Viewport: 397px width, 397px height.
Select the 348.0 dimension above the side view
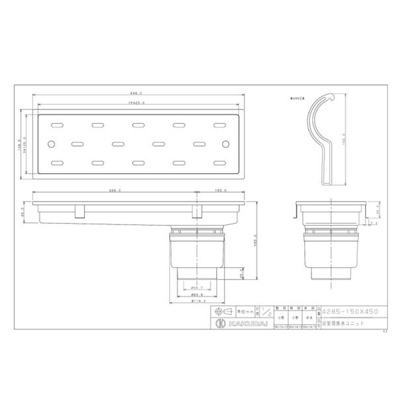point(115,191)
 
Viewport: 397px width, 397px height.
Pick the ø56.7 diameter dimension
point(198,287)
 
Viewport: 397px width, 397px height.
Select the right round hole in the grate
point(226,144)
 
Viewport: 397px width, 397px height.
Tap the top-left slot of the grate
point(58,125)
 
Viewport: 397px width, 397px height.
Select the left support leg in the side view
point(78,212)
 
